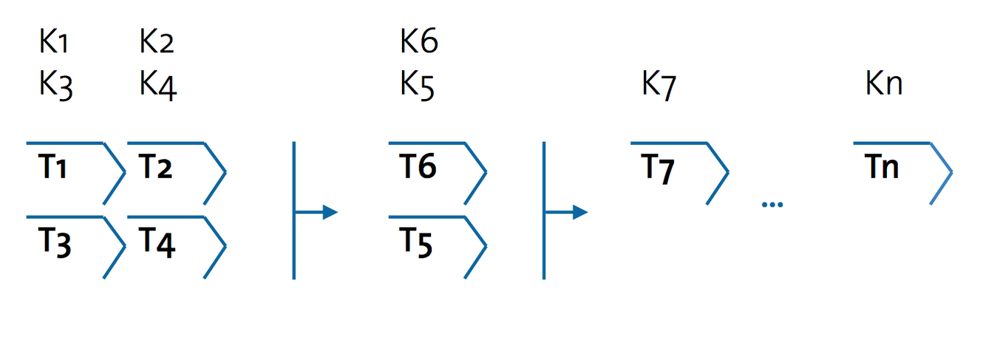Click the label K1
point(54,43)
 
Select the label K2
point(157,43)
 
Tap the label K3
point(55,86)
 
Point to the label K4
point(158,86)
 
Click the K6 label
point(419,42)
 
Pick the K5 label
point(418,86)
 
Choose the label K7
point(659,86)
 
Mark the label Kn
point(884,85)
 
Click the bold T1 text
point(52,169)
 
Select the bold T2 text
point(155,169)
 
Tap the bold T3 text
point(54,243)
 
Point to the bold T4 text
point(157,243)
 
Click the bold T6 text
point(418,168)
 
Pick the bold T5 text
point(417,242)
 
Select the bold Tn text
point(882,168)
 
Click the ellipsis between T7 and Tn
point(772,204)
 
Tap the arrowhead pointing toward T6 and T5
point(330,213)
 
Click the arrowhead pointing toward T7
point(580,213)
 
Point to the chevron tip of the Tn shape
point(952,174)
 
